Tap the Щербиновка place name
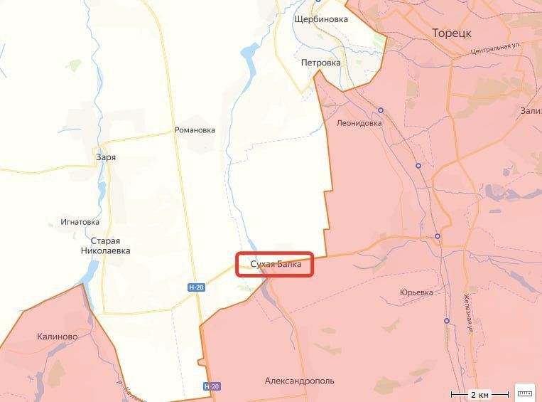pyautogui.click(x=321, y=19)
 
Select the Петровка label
pyautogui.click(x=320, y=63)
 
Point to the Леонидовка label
pyautogui.click(x=359, y=122)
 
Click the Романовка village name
pyautogui.click(x=195, y=130)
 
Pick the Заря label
pyautogui.click(x=106, y=157)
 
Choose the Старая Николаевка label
pyautogui.click(x=105, y=245)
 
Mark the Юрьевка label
pyautogui.click(x=416, y=292)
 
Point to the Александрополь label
pyautogui.click(x=299, y=381)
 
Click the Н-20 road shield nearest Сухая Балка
pyautogui.click(x=196, y=287)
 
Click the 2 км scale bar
pyautogui.click(x=480, y=393)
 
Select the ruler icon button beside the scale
pyautogui.click(x=525, y=393)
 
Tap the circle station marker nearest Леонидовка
pyautogui.click(x=381, y=110)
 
